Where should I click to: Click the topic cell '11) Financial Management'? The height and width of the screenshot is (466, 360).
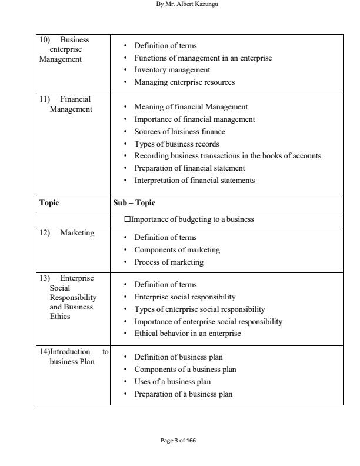(66, 104)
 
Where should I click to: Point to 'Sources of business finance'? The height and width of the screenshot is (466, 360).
(179, 131)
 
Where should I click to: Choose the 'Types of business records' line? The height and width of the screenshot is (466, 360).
(176, 144)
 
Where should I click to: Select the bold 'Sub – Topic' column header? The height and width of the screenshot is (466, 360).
(134, 202)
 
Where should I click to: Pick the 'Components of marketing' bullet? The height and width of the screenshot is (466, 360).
(177, 249)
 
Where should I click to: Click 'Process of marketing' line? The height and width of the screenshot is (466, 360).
(169, 262)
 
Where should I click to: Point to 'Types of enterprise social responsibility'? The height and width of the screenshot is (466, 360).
(199, 309)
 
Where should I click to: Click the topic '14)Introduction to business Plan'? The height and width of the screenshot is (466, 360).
(72, 357)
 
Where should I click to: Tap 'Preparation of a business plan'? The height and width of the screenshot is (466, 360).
(183, 394)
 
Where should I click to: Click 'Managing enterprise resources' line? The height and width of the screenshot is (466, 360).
(185, 82)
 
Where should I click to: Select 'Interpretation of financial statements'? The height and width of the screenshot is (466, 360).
(195, 181)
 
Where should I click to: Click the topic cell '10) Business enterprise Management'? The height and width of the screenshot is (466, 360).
(64, 49)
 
